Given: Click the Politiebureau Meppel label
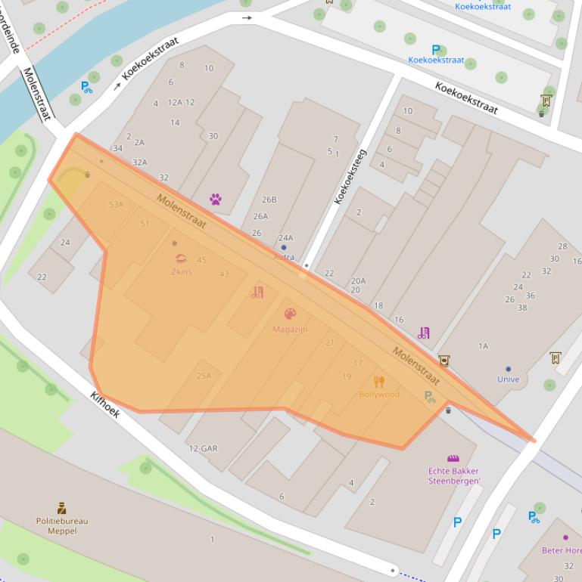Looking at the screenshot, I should tap(62, 525).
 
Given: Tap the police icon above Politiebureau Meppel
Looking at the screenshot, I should tap(62, 508).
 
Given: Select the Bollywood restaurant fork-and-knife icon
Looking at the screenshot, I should tap(379, 382).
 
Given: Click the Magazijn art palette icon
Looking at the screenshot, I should tap(290, 314).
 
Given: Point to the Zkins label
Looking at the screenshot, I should tap(182, 272).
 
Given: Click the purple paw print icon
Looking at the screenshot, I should tap(216, 200).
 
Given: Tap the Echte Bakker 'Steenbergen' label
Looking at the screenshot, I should tap(453, 475).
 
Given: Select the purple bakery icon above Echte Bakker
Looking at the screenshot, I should tap(453, 458).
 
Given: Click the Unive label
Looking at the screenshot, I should tap(509, 379).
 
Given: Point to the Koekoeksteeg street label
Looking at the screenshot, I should tap(350, 176).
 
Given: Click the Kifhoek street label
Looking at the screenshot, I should tap(104, 404).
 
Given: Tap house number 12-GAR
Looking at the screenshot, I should tap(203, 448).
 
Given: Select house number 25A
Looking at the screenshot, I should tap(204, 376).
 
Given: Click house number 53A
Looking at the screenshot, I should tap(116, 204).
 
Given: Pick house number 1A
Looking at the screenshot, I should tap(483, 346).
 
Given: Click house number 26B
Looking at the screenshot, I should tap(269, 200).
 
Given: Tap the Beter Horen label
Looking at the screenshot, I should tap(562, 550).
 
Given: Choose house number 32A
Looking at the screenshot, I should tap(139, 162).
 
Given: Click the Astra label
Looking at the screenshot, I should tap(284, 257).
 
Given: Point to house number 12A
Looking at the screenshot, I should tap(175, 102).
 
